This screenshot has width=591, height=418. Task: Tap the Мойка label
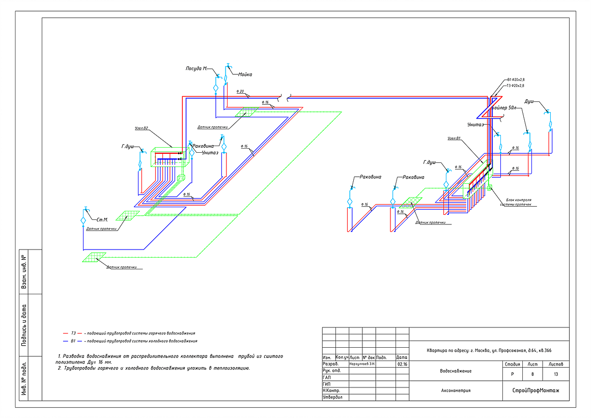click(x=245, y=74)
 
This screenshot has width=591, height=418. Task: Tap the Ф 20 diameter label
click(x=240, y=92)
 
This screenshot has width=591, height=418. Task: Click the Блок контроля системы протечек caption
click(x=518, y=202)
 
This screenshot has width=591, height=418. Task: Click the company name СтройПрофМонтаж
click(x=536, y=391)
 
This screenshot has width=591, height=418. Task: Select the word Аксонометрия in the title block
click(x=456, y=391)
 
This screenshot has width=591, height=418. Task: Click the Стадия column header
click(x=512, y=365)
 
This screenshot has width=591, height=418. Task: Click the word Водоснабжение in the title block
click(x=456, y=371)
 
